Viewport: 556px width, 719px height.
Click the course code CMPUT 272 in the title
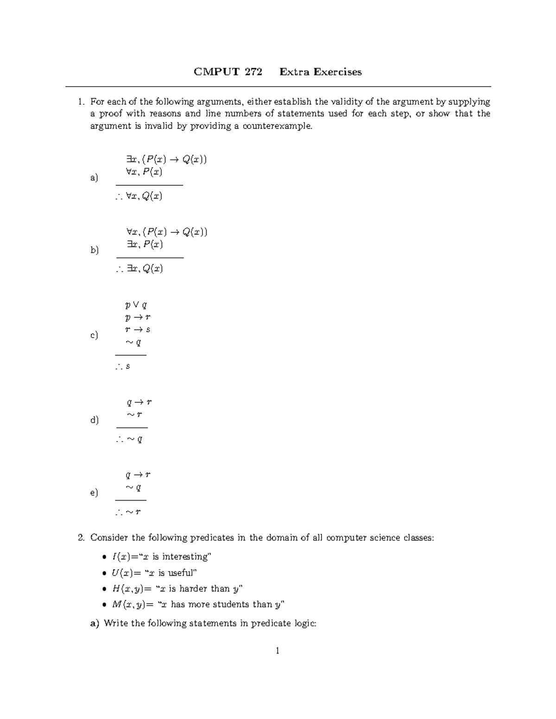(x=227, y=72)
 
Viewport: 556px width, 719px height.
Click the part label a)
(x=94, y=178)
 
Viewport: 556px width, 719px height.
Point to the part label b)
(x=95, y=250)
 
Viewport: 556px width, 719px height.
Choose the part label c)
(x=94, y=335)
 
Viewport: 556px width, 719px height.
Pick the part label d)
(x=95, y=420)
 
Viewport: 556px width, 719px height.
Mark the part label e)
(x=94, y=493)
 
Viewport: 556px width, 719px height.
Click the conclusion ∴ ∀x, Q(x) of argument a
(x=139, y=196)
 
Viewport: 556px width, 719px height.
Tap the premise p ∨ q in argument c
(x=136, y=305)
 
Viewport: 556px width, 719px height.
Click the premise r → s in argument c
(x=138, y=330)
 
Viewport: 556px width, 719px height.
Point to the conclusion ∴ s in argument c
(x=123, y=366)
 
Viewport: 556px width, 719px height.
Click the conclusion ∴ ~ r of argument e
(x=128, y=512)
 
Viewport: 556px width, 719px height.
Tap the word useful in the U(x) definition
(x=178, y=573)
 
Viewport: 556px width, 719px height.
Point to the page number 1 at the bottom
(x=278, y=651)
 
